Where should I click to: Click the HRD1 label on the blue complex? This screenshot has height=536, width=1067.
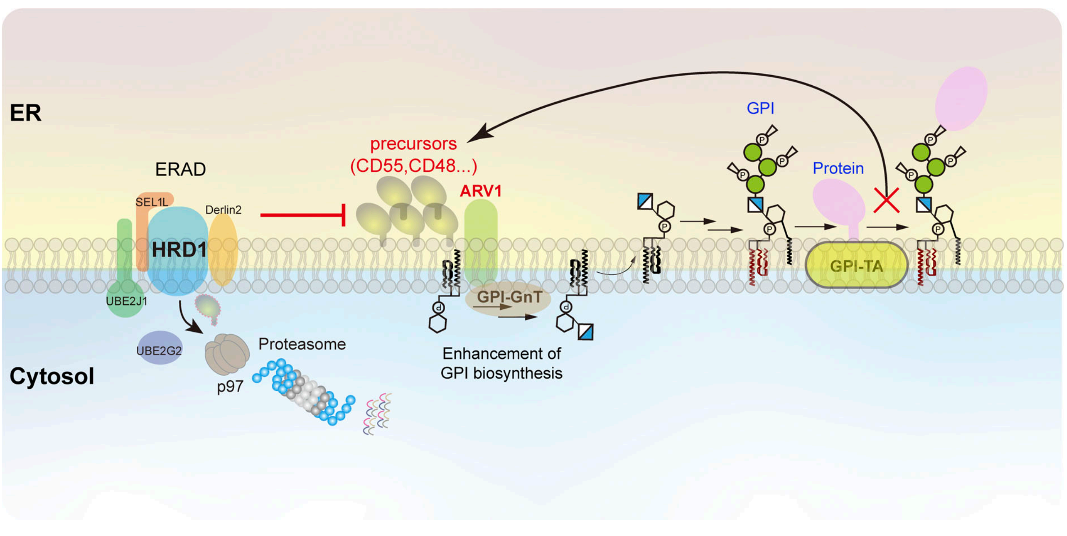click(179, 249)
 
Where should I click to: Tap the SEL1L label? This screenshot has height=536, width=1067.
click(151, 202)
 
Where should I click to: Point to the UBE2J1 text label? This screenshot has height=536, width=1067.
click(126, 301)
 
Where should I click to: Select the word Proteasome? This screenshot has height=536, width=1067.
click(302, 344)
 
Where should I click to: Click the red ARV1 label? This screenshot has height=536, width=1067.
click(481, 191)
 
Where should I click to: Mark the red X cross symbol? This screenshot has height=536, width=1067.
click(886, 200)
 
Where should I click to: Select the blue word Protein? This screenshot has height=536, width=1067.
click(838, 168)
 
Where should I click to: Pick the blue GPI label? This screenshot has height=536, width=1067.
click(760, 108)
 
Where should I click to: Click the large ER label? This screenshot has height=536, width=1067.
click(25, 113)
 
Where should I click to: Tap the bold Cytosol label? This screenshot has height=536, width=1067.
click(51, 376)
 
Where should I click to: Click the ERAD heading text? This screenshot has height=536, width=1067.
click(180, 169)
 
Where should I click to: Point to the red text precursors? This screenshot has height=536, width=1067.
click(413, 144)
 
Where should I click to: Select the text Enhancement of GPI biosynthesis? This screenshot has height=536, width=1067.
click(501, 363)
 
